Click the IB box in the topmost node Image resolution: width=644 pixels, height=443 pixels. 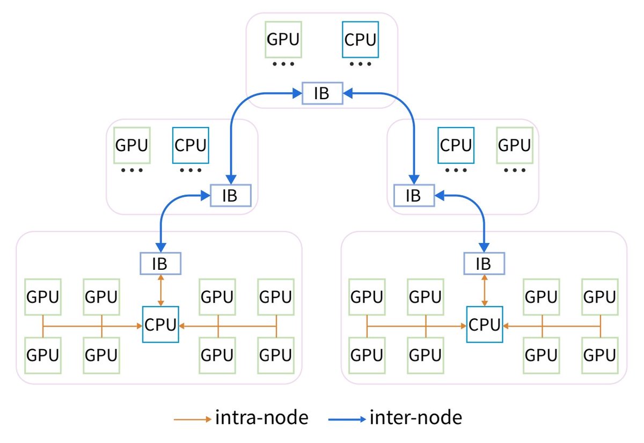pyautogui.click(x=323, y=93)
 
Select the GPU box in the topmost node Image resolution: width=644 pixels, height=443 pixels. pyautogui.click(x=283, y=40)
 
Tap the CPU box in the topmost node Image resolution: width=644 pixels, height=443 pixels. pyautogui.click(x=360, y=40)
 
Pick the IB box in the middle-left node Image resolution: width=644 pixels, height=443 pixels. pyautogui.click(x=231, y=195)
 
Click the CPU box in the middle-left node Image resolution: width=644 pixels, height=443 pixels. pyautogui.click(x=191, y=145)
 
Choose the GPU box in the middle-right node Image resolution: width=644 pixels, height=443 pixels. pyautogui.click(x=515, y=145)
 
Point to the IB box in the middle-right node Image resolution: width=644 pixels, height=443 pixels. pyautogui.click(x=414, y=195)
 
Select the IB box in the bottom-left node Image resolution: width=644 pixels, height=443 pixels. pyautogui.click(x=160, y=263)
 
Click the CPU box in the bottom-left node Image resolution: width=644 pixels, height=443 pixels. pyautogui.click(x=160, y=324)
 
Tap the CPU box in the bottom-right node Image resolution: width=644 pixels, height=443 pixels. pyautogui.click(x=485, y=324)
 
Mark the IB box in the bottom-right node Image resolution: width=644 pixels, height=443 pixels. pyautogui.click(x=484, y=263)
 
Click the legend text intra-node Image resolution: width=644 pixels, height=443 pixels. pyautogui.click(x=262, y=418)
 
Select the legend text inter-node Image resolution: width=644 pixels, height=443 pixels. pyautogui.click(x=416, y=418)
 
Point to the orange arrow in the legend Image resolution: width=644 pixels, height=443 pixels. pyautogui.click(x=193, y=419)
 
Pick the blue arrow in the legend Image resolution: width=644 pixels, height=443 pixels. pyautogui.click(x=347, y=419)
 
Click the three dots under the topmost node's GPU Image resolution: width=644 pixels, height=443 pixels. pyautogui.click(x=283, y=64)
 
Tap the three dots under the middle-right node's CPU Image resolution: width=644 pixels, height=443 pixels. pyautogui.click(x=456, y=170)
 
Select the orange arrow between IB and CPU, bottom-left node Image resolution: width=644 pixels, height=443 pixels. pyautogui.click(x=160, y=290)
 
